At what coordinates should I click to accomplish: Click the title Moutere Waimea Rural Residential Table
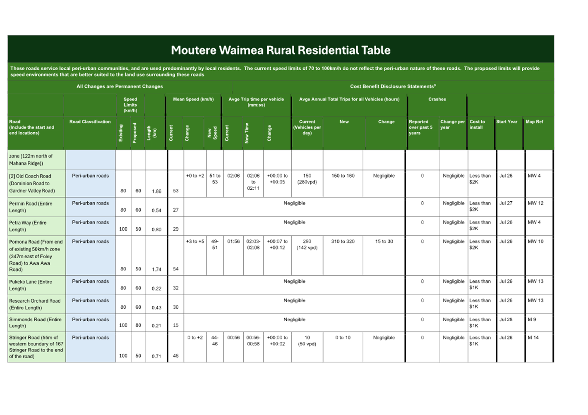[281, 50]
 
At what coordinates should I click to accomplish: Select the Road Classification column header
[90, 122]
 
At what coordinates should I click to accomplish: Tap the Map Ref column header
[534, 122]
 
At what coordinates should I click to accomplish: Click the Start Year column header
[506, 122]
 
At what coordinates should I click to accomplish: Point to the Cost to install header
[477, 124]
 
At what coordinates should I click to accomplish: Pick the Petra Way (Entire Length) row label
[28, 226]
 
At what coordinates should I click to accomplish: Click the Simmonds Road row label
[35, 322]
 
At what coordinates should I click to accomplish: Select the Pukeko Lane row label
[31, 285]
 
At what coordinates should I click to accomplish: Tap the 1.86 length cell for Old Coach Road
[156, 191]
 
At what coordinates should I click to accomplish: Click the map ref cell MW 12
[535, 203]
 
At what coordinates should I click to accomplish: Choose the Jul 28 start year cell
[506, 320]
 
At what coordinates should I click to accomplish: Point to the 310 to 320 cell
[343, 241]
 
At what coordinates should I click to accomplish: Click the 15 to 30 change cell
[384, 241]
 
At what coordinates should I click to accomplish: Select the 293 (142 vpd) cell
[307, 244]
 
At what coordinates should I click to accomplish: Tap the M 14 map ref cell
[533, 338]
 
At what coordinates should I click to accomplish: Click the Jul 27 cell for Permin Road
[506, 203]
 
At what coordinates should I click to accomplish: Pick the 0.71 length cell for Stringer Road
[156, 356]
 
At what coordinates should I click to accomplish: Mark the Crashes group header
[437, 99]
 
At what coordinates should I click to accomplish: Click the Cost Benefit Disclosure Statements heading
[393, 86]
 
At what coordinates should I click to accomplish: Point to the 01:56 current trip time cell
[233, 241]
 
